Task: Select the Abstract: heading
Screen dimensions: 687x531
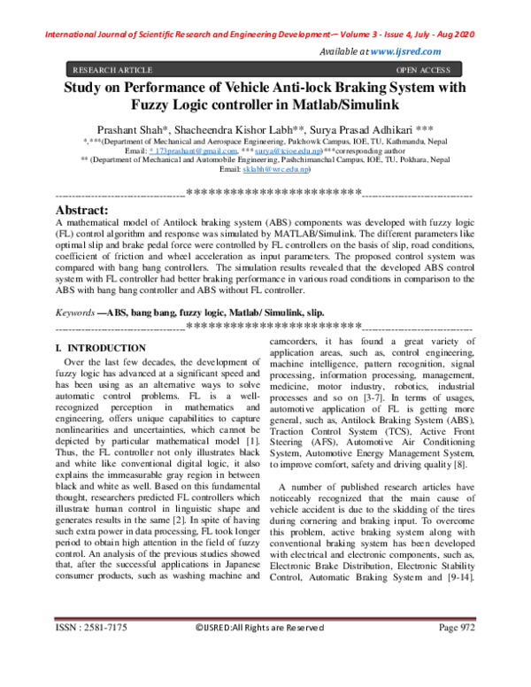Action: pos(82,210)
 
